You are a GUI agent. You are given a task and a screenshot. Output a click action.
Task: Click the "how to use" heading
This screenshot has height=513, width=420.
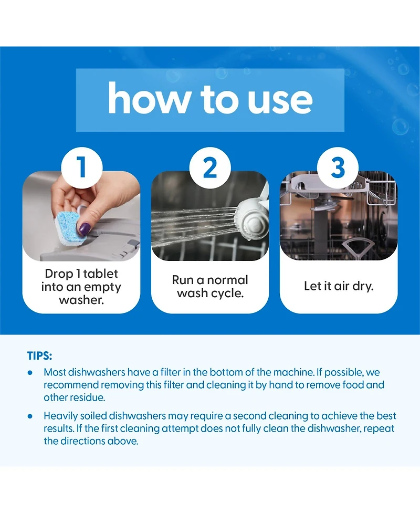(x=210, y=99)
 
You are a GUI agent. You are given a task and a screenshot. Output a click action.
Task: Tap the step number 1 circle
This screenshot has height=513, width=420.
(x=82, y=167)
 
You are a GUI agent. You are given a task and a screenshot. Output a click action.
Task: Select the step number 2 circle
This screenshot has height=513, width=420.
(x=210, y=167)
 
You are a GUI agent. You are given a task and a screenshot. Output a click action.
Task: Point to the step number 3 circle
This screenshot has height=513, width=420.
(x=338, y=167)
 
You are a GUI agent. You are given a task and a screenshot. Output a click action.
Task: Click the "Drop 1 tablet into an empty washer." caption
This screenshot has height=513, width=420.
(x=81, y=287)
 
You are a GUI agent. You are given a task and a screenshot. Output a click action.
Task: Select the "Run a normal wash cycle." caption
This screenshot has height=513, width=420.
(x=210, y=287)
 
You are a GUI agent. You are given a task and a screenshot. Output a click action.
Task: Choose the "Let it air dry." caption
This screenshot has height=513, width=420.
(x=339, y=286)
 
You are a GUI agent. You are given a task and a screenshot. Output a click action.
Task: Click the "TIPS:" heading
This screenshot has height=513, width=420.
(x=39, y=355)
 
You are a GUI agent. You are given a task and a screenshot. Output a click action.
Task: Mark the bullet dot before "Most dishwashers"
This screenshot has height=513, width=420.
(x=30, y=373)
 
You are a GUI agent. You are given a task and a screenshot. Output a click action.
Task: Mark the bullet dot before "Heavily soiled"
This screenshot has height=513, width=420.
(x=30, y=416)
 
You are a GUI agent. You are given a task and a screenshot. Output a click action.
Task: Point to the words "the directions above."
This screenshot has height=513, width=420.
(x=91, y=441)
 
